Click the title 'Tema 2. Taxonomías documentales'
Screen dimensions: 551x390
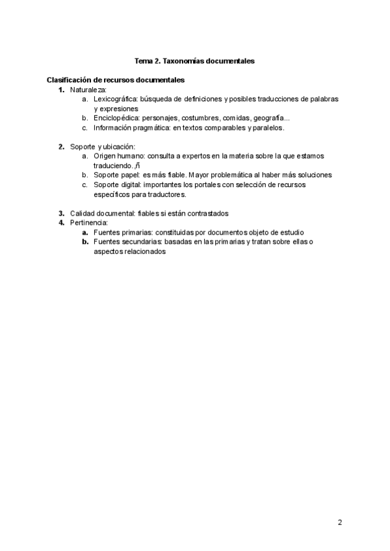coord(194,60)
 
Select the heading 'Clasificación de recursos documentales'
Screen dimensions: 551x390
coord(116,80)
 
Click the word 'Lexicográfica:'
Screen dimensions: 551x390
coord(116,99)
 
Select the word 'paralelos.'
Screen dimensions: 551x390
coord(266,128)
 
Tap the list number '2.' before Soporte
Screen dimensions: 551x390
coord(62,147)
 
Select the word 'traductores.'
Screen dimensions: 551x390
coord(166,194)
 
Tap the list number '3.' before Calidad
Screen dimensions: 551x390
coord(62,213)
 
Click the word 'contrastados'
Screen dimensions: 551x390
coord(207,213)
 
